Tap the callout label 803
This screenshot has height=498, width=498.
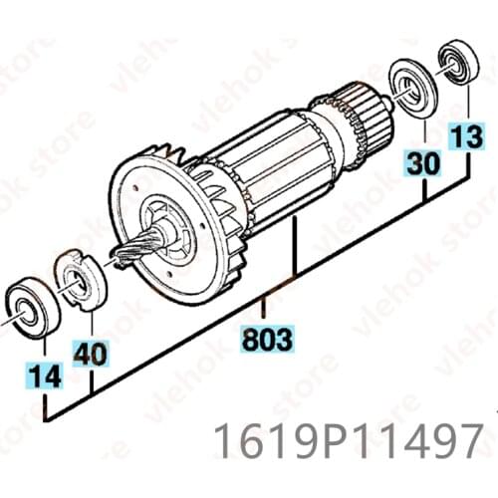click(x=268, y=341)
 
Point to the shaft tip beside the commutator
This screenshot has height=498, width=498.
click(x=384, y=96)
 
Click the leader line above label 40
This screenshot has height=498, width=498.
click(x=90, y=321)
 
